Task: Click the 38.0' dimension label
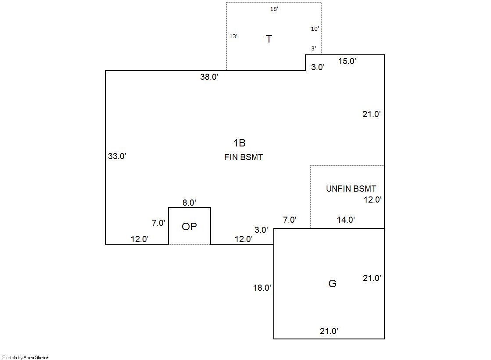[x=209, y=77]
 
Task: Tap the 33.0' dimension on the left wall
[x=117, y=156]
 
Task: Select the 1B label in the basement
[x=240, y=143]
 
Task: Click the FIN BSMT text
[x=244, y=157]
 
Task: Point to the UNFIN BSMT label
[x=351, y=189]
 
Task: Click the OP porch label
[x=190, y=226]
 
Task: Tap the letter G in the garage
[x=332, y=283]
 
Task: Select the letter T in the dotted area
[x=269, y=39]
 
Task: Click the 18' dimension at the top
[x=274, y=9]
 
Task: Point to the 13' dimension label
[x=233, y=36]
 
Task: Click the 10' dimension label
[x=315, y=29]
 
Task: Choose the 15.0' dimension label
[x=347, y=61]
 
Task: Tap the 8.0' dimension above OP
[x=190, y=203]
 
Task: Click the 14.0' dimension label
[x=346, y=220]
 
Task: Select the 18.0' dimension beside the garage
[x=262, y=288]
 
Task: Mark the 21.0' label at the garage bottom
[x=329, y=331]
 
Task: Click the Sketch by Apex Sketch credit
[x=26, y=357]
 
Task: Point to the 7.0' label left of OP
[x=158, y=223]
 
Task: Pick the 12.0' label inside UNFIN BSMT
[x=373, y=200]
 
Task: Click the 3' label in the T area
[x=313, y=48]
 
